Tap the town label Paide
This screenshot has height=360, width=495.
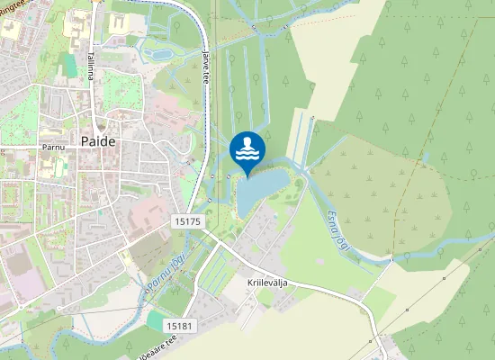tap(98, 141)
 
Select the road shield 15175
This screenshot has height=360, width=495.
tap(185, 220)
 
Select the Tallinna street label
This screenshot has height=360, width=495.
tap(92, 64)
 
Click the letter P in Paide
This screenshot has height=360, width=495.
tap(85, 141)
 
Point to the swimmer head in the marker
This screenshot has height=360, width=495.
tap(247, 141)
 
